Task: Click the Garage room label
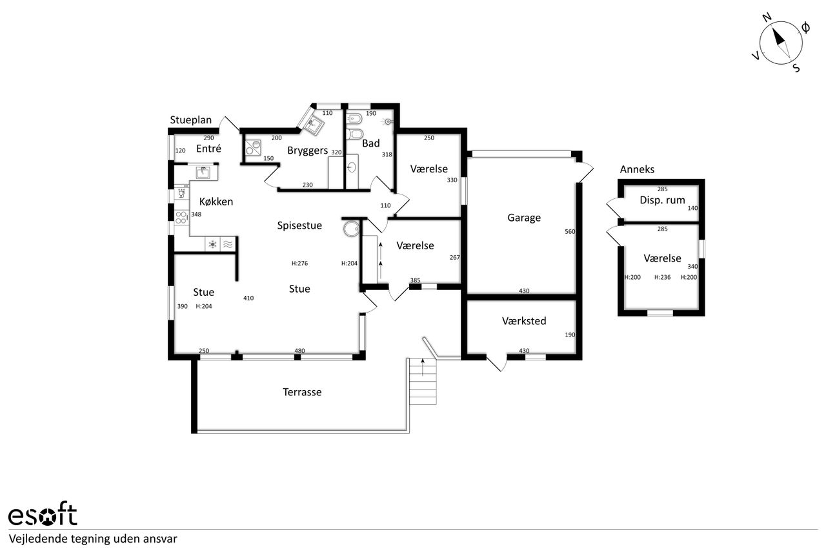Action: (x=524, y=218)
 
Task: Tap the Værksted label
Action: (x=524, y=320)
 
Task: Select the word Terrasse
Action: (x=302, y=392)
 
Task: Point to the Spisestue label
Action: (x=299, y=225)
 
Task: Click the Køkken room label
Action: (x=216, y=202)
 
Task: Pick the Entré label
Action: (x=208, y=149)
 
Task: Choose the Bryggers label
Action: (x=308, y=151)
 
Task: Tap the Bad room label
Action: (x=371, y=143)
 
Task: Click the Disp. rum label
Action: (x=662, y=200)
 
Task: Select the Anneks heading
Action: (x=637, y=169)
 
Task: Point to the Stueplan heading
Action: (x=190, y=120)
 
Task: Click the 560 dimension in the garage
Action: (x=570, y=232)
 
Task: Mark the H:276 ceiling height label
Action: (x=299, y=264)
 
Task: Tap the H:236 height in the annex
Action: (x=662, y=278)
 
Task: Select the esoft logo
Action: (x=43, y=514)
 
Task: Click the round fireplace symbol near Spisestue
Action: (x=352, y=229)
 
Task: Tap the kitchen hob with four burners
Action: (x=181, y=218)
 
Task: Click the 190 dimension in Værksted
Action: (x=570, y=335)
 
